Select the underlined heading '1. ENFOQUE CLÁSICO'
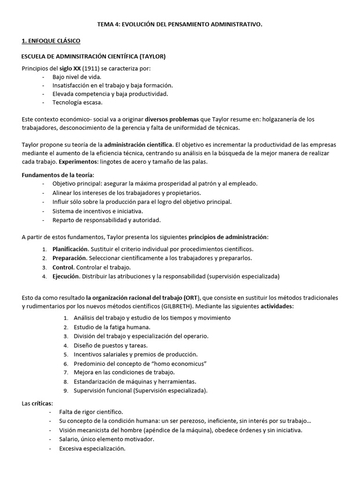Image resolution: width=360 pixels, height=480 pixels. (51, 41)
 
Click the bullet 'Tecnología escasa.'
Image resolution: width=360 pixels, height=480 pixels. (77, 102)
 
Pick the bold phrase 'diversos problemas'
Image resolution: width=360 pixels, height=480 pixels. (165, 119)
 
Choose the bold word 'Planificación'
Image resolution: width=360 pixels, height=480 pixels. (70, 249)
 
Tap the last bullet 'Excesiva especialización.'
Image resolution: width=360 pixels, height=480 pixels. (92, 448)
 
